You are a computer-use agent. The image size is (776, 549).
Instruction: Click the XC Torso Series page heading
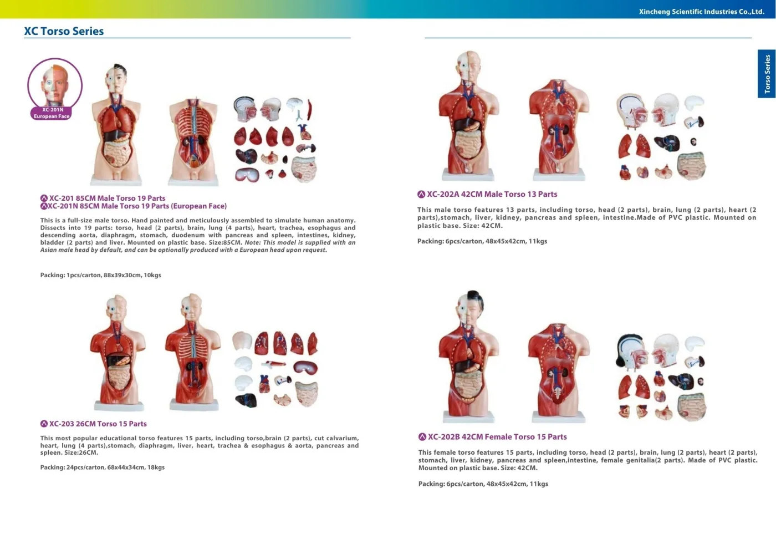(x=64, y=31)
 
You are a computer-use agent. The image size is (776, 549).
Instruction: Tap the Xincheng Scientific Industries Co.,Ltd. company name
(x=702, y=12)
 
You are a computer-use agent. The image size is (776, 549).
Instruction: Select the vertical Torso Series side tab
(x=767, y=73)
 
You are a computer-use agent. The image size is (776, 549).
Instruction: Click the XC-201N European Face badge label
(x=52, y=113)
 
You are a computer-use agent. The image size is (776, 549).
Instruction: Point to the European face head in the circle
(x=55, y=85)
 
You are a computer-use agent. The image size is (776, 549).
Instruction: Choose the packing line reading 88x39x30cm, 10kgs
(x=100, y=275)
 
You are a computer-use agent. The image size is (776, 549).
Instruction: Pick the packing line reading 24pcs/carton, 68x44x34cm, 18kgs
(x=102, y=467)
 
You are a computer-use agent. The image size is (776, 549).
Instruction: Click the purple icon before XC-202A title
(x=421, y=194)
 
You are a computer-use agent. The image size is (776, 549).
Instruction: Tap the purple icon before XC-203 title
(x=44, y=424)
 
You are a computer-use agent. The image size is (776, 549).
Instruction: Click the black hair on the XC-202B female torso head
(x=476, y=299)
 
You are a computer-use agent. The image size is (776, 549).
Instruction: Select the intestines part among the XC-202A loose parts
(x=692, y=166)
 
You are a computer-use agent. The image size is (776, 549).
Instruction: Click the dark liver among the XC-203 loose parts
(x=246, y=400)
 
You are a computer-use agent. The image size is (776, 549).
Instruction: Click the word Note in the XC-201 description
(x=252, y=242)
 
